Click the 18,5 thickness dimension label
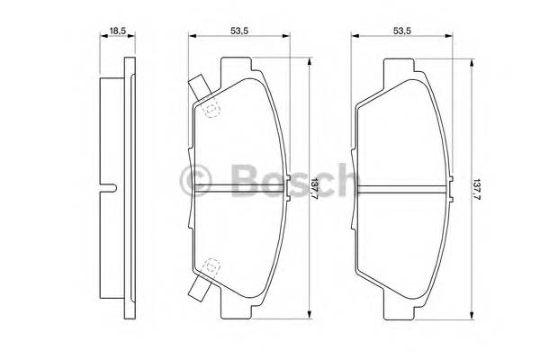coord(117,31)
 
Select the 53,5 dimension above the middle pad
coord(238,31)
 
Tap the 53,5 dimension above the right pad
coord(401,31)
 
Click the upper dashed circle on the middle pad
coord(212,110)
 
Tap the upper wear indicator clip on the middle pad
coord(198,87)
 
